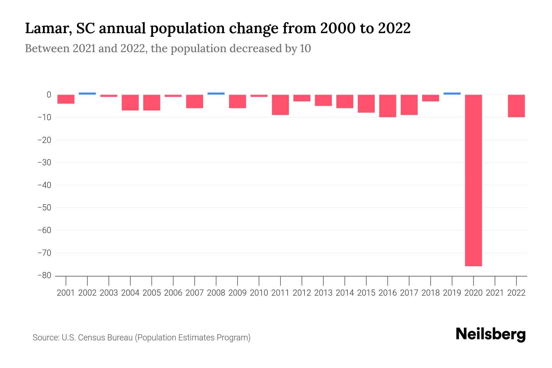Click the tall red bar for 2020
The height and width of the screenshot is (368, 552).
pyautogui.click(x=473, y=180)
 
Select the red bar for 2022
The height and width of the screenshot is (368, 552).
pyautogui.click(x=516, y=106)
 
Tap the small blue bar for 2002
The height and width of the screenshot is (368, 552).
pyautogui.click(x=87, y=94)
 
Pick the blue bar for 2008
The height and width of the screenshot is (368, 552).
pyautogui.click(x=216, y=94)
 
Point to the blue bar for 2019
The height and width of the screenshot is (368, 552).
pyautogui.click(x=452, y=94)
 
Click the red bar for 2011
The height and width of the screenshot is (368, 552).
pyautogui.click(x=280, y=105)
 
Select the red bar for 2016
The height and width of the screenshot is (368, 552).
pyautogui.click(x=388, y=106)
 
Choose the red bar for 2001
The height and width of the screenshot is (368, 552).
pyautogui.click(x=66, y=99)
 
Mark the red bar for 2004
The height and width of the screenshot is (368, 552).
pyautogui.click(x=130, y=102)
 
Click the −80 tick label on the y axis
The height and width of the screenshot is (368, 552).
pyautogui.click(x=44, y=275)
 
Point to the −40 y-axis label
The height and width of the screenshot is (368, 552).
pyautogui.click(x=44, y=185)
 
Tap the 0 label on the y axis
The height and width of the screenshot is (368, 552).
pyautogui.click(x=48, y=95)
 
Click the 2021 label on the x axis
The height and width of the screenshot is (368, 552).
pyautogui.click(x=495, y=293)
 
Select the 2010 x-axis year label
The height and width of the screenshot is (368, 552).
pyautogui.click(x=259, y=293)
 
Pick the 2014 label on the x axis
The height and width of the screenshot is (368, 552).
pyautogui.click(x=345, y=293)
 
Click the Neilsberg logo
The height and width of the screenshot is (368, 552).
pyautogui.click(x=491, y=334)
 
